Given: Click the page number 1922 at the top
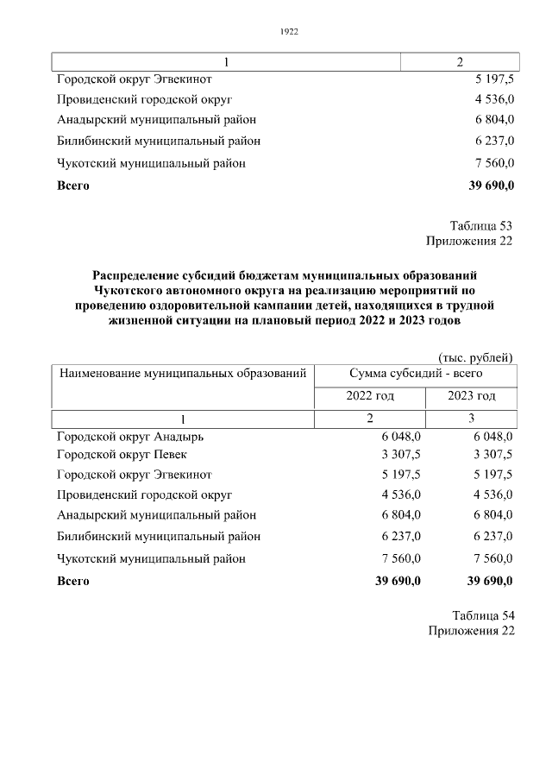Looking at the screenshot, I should pyautogui.click(x=289, y=32).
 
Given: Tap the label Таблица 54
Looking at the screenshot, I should pyautogui.click(x=483, y=615).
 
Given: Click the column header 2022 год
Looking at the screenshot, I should pyautogui.click(x=370, y=396).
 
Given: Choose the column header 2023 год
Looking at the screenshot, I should pyautogui.click(x=471, y=396).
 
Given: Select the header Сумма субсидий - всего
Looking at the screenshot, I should pyautogui.click(x=416, y=374).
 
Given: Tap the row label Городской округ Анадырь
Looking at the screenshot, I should pyautogui.click(x=130, y=437).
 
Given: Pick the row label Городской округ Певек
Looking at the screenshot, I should pyautogui.click(x=122, y=454).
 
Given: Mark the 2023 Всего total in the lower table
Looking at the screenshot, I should pyautogui.click(x=490, y=581).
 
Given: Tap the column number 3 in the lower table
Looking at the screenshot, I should pyautogui.click(x=471, y=419).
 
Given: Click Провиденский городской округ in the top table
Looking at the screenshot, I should pyautogui.click(x=145, y=99).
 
